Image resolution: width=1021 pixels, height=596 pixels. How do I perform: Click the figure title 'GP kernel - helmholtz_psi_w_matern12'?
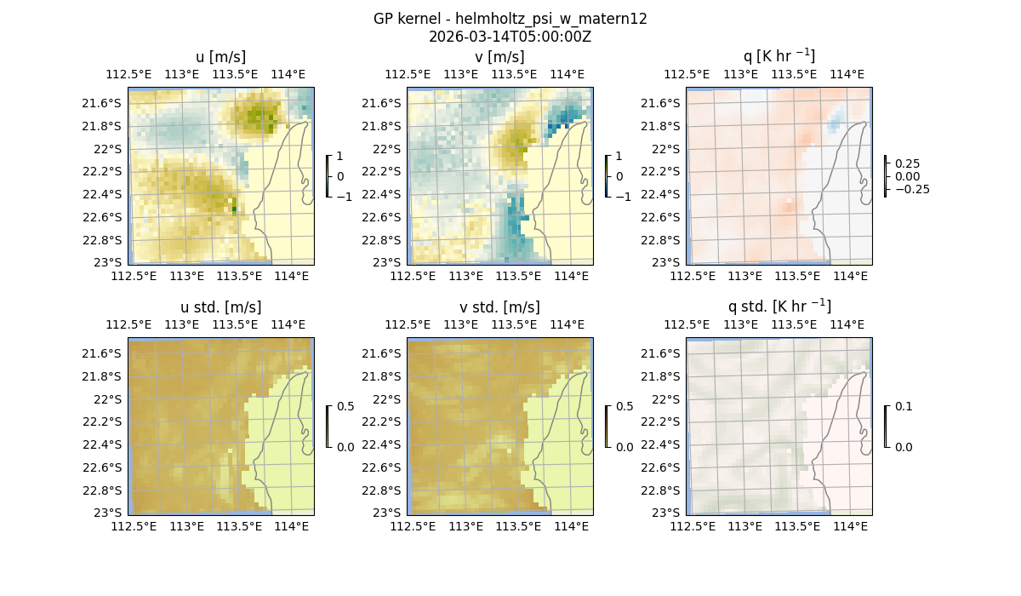pyautogui.click(x=510, y=19)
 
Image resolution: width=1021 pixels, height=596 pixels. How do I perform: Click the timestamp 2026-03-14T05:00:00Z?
pyautogui.click(x=510, y=37)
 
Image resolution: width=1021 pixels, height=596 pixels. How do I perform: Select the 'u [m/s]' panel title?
pyautogui.click(x=220, y=57)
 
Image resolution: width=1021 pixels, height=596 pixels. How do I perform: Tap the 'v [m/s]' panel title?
pyautogui.click(x=499, y=57)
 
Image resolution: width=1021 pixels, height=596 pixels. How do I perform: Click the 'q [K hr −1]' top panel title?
pyautogui.click(x=779, y=56)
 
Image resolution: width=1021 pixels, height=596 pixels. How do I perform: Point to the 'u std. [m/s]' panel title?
pyautogui.click(x=220, y=307)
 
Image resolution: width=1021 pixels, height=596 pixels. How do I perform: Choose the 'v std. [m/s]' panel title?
pyautogui.click(x=499, y=307)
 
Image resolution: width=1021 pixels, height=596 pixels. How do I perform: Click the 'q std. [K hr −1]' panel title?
pyautogui.click(x=779, y=307)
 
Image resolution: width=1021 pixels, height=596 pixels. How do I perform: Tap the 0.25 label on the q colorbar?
pyautogui.click(x=906, y=163)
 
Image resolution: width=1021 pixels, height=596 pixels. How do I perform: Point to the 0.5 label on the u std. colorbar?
pyautogui.click(x=345, y=406)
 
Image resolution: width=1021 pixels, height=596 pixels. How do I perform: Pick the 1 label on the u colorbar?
pyautogui.click(x=340, y=156)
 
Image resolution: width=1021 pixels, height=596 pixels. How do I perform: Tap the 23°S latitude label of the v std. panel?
pyautogui.click(x=385, y=513)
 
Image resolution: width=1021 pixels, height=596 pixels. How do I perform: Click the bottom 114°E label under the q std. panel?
pyautogui.click(x=850, y=526)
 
